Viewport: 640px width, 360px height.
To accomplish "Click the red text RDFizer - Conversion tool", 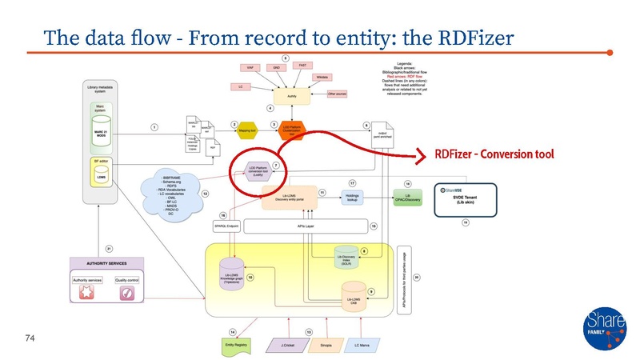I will click(494, 153).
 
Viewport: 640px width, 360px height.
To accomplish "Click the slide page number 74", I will click(30, 339).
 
